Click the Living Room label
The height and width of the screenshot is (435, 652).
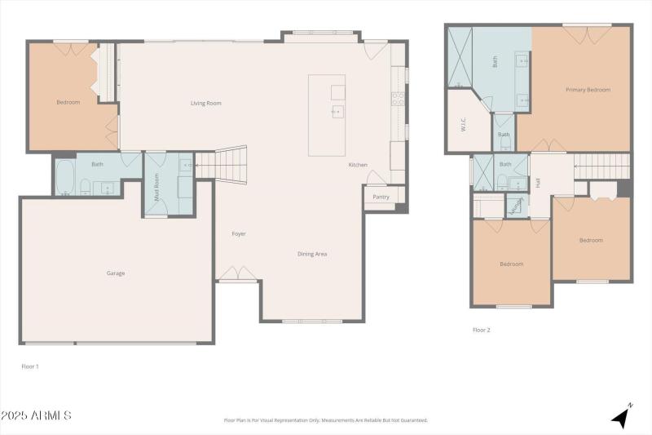[x=205, y=103]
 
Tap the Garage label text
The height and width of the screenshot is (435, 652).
[x=116, y=273]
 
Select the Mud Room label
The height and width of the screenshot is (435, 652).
[x=157, y=191]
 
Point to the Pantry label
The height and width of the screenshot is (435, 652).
[x=381, y=197]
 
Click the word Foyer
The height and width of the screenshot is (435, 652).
[x=239, y=234]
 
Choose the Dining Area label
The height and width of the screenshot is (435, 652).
[x=312, y=254]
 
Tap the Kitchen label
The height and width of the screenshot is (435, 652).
[x=358, y=165]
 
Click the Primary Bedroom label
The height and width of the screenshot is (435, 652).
[x=588, y=90]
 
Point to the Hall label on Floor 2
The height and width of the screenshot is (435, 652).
[x=538, y=183]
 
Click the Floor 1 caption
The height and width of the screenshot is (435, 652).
[x=29, y=366]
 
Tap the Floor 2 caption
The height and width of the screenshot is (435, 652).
[x=482, y=330]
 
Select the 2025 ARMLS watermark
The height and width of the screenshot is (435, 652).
[x=37, y=416]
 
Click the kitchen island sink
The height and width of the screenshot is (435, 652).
[x=336, y=111]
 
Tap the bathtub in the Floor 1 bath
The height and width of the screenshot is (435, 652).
[x=65, y=175]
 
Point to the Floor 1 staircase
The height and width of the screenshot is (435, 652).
[x=222, y=162]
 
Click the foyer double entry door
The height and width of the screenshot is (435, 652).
[x=238, y=273]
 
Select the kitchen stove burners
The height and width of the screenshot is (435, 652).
[x=398, y=98]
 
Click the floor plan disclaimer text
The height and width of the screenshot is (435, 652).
[x=325, y=420]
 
